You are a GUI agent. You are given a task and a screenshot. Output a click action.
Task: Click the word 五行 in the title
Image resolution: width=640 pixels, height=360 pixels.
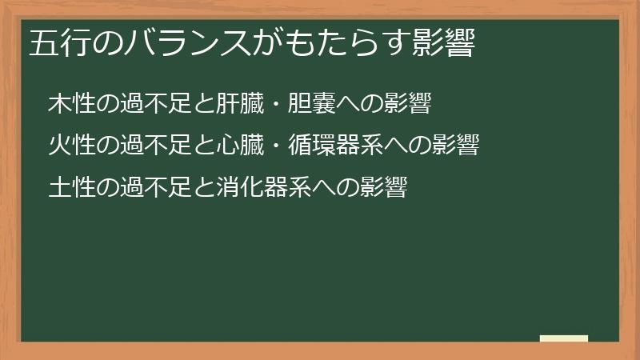point(61,43)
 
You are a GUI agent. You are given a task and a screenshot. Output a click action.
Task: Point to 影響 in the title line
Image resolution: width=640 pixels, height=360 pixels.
point(444,43)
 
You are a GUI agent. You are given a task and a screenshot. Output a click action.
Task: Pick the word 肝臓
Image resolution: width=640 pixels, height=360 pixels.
point(241,104)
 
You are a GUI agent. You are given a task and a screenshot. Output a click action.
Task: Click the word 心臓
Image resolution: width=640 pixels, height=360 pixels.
point(241,146)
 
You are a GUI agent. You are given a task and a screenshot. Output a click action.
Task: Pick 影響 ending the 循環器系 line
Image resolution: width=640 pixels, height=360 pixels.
point(456,146)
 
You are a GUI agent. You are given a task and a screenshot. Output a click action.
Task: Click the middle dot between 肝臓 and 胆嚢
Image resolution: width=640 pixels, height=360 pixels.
point(276,105)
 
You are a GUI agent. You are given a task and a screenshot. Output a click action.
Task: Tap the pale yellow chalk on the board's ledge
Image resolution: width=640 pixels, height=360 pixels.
point(564,338)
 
